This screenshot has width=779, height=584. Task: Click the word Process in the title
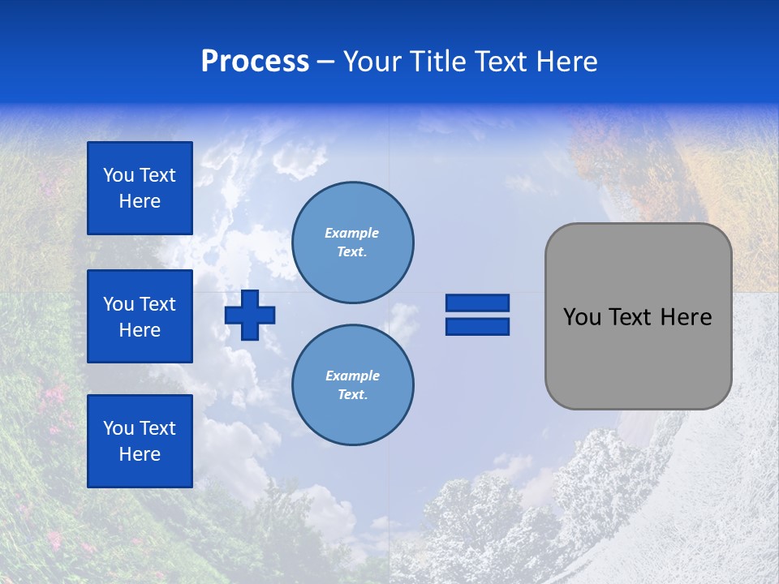point(255,62)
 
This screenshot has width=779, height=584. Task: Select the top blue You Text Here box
point(140,188)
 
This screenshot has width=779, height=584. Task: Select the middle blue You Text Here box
point(140,316)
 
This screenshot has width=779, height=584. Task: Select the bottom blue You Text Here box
point(140,441)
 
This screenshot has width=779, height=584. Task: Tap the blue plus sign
point(249,315)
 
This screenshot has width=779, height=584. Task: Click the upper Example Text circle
point(352,243)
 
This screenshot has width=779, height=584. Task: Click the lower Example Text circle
point(352,385)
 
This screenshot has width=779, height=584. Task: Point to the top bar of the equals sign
point(477,303)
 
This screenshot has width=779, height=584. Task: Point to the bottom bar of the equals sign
point(477,327)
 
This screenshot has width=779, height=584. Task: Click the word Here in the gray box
point(686,317)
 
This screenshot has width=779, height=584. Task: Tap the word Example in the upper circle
point(352,233)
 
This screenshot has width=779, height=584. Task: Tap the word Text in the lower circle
point(352,395)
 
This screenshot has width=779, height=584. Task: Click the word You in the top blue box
point(118,175)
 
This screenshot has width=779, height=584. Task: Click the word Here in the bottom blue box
point(140,454)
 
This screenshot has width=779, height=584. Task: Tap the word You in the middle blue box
point(118,304)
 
